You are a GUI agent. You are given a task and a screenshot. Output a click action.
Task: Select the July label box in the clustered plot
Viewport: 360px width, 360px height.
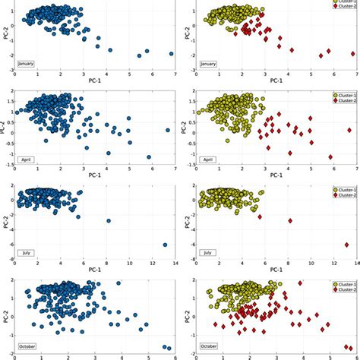pyautogui.click(x=207, y=252)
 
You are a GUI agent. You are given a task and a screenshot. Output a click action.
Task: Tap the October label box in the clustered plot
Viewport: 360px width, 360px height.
pyautogui.click(x=210, y=346)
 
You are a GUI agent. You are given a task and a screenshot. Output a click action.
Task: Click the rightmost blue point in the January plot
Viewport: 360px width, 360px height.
pyautogui.click(x=172, y=54)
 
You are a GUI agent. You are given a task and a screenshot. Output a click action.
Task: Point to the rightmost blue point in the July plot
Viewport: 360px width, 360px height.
pyautogui.click(x=165, y=245)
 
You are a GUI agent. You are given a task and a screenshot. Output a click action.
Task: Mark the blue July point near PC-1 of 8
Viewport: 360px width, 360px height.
pyautogui.click(x=109, y=221)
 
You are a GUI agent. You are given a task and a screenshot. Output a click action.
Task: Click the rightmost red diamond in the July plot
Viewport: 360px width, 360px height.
pyautogui.click(x=346, y=245)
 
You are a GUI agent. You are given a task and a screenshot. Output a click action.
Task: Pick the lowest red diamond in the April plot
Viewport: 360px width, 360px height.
pyautogui.click(x=330, y=157)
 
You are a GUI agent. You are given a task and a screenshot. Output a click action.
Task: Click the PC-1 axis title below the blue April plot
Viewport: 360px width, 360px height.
pyautogui.click(x=96, y=175)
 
